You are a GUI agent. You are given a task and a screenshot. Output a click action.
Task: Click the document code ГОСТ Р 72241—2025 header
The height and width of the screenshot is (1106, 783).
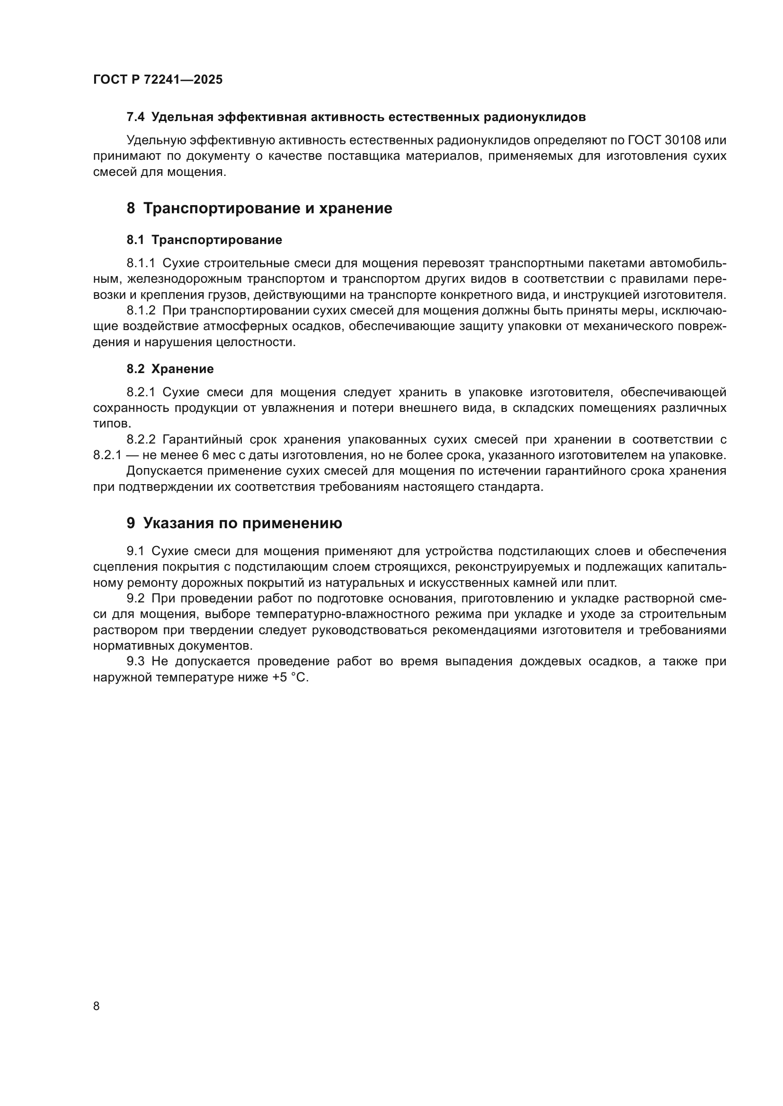(x=158, y=80)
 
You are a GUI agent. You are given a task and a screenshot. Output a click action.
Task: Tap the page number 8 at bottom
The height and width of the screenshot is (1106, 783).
(x=97, y=1006)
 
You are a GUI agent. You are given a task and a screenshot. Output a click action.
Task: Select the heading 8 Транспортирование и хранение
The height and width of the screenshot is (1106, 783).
(x=259, y=209)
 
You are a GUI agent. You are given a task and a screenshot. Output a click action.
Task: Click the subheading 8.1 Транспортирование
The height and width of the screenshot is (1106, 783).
(x=204, y=240)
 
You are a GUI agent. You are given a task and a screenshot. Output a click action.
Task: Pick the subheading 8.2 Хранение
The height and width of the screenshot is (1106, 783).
(x=170, y=369)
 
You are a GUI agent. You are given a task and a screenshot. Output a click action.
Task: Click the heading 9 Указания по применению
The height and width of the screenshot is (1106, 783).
(x=234, y=523)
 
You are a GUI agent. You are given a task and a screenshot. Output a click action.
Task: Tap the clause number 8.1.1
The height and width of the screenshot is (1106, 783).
(x=141, y=263)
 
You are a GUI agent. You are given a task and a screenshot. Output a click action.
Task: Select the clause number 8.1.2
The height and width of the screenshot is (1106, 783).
(x=141, y=310)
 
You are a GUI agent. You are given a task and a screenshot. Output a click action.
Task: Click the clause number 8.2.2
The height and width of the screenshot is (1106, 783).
(x=141, y=439)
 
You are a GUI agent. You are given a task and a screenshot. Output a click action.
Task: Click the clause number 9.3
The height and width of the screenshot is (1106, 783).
(x=135, y=662)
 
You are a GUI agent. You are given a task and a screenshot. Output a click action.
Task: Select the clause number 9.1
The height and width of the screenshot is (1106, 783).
(x=135, y=551)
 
